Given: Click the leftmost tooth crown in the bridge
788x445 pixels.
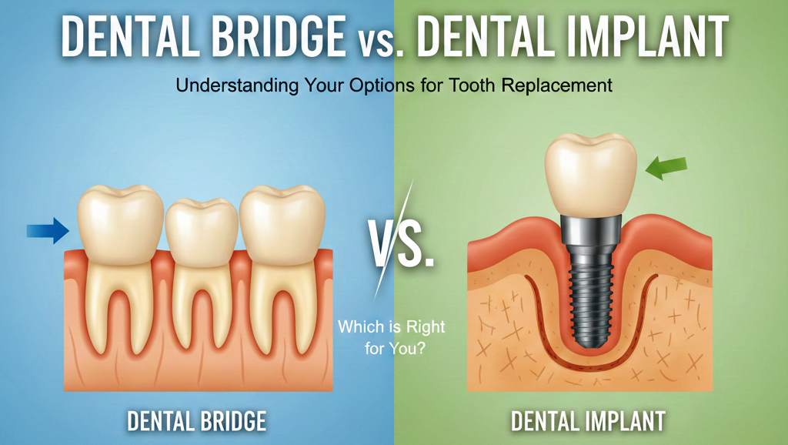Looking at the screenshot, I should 121,219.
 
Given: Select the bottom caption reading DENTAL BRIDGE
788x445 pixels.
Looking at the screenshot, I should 197,420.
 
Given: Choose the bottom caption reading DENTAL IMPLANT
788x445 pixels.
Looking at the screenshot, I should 588,420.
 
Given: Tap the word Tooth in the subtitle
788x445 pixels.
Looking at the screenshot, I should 478,85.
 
